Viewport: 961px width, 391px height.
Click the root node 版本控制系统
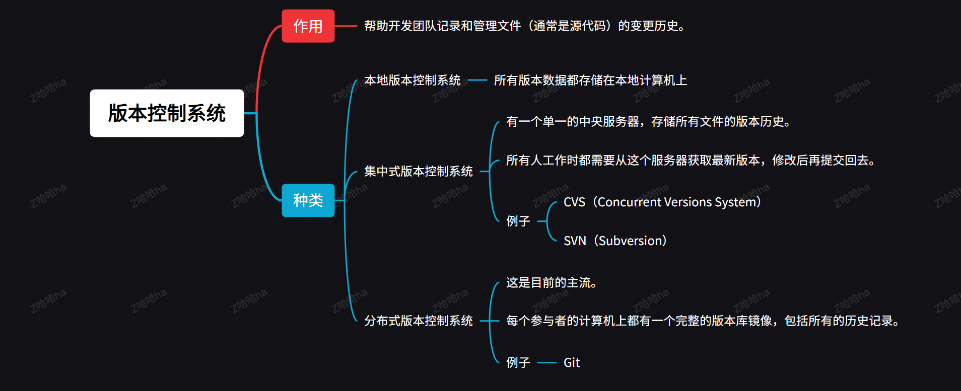coord(167,113)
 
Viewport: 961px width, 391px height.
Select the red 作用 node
coord(308,26)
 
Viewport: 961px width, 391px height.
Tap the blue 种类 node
coord(308,200)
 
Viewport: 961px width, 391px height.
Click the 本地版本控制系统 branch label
coord(412,81)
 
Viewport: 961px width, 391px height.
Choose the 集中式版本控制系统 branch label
coord(418,172)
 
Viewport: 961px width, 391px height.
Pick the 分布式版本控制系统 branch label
coord(418,321)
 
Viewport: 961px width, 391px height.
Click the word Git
coord(571,363)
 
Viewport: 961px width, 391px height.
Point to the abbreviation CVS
coord(574,202)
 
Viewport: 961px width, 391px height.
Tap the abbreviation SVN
coord(575,241)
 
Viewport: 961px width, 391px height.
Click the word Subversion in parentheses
coord(630,241)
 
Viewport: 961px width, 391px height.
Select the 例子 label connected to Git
coord(518,363)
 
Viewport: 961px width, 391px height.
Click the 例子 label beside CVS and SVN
coord(518,221)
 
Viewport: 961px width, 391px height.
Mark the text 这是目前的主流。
coord(551,283)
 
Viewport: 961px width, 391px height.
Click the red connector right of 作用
coord(346,26)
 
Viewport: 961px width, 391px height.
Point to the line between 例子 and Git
coord(546,363)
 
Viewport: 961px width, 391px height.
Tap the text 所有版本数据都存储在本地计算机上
coord(590,81)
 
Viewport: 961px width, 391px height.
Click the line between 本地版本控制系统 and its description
coord(477,81)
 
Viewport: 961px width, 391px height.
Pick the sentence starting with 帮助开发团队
coord(524,26)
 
